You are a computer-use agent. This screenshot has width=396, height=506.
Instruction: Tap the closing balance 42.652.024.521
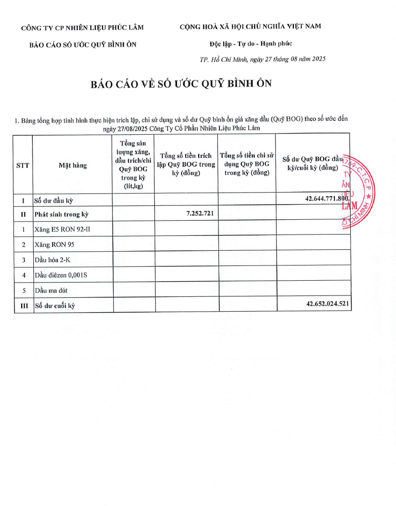327,304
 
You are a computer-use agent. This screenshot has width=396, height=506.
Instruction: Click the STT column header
23,165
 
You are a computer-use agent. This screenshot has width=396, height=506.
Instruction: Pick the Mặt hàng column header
73,165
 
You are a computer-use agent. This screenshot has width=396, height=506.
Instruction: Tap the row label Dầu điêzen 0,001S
61,276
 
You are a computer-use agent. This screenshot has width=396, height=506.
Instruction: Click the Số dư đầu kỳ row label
54,201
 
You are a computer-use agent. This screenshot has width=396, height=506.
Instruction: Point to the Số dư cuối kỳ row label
55,305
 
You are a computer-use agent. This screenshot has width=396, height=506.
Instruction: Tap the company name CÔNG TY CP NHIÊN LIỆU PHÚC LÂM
82,28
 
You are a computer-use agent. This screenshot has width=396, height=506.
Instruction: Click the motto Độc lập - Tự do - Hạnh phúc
250,44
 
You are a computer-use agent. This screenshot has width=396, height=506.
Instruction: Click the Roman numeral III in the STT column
23,305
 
